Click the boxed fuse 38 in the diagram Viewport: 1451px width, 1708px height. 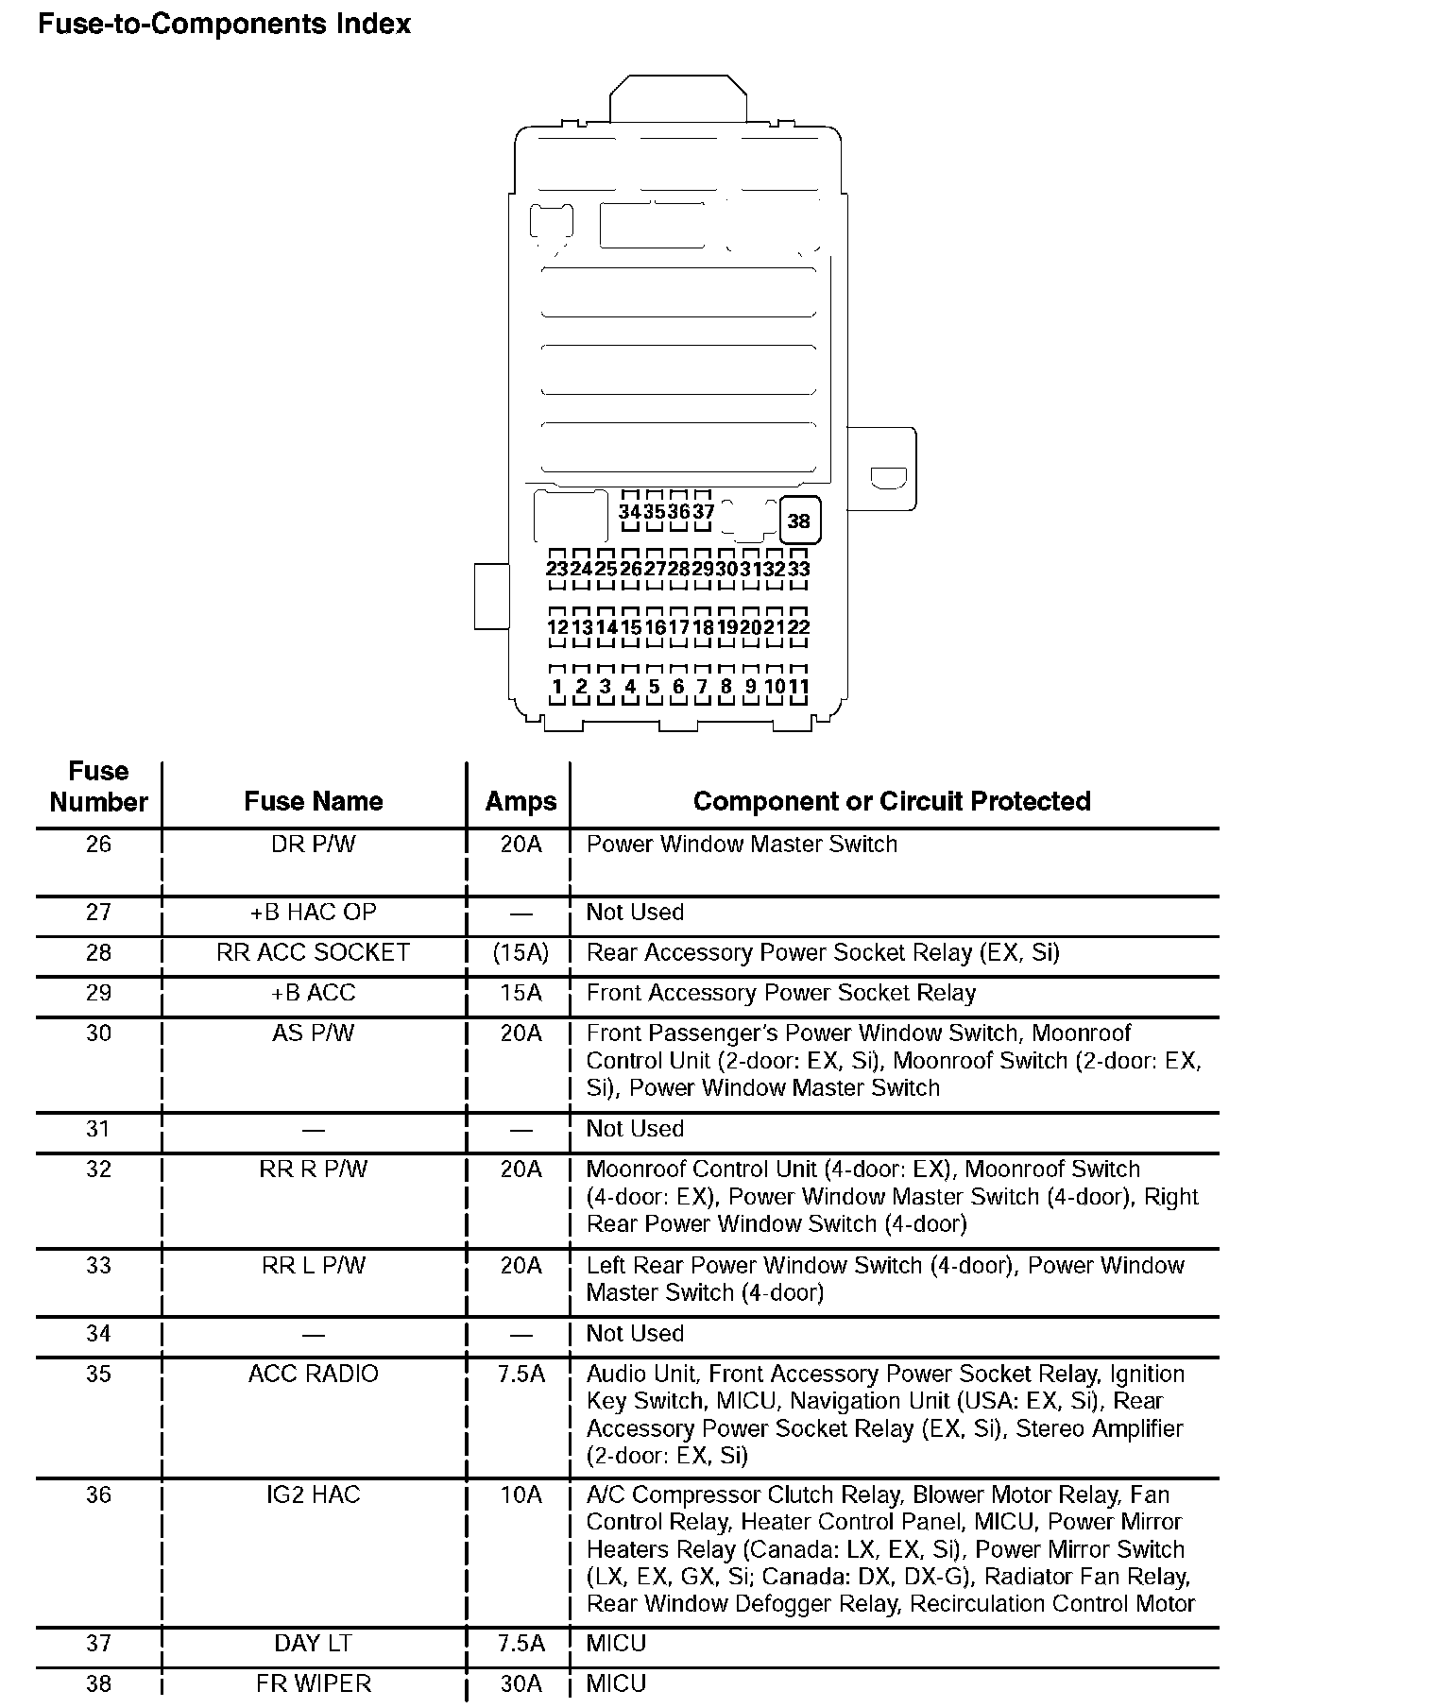click(799, 521)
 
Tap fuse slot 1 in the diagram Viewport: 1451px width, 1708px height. click(557, 687)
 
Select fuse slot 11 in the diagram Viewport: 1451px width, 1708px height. click(799, 687)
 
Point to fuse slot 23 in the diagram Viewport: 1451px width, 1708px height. click(557, 569)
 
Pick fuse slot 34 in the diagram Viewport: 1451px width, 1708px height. click(630, 511)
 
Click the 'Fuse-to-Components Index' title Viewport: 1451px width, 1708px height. click(224, 24)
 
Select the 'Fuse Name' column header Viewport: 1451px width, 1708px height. click(314, 801)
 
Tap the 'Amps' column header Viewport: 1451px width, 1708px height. click(521, 801)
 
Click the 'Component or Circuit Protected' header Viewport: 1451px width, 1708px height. click(892, 801)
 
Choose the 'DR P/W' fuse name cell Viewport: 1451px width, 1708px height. click(314, 844)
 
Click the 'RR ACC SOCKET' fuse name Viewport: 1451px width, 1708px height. click(314, 952)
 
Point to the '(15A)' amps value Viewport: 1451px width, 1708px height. click(521, 952)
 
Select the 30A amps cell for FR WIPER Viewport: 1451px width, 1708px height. click(521, 1683)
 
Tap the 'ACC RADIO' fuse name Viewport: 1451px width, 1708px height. click(314, 1374)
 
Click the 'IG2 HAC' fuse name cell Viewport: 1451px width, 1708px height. click(314, 1494)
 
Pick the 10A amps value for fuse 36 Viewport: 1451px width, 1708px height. click(521, 1494)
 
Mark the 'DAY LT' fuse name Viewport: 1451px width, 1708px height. click(314, 1643)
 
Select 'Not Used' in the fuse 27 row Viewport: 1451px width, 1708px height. click(635, 912)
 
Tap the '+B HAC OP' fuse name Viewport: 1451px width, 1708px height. click(314, 912)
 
